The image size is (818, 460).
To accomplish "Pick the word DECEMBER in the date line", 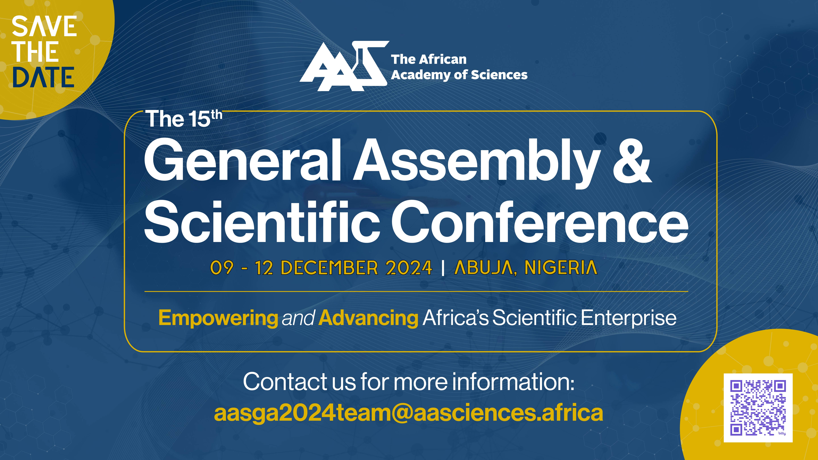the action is (329, 268).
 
